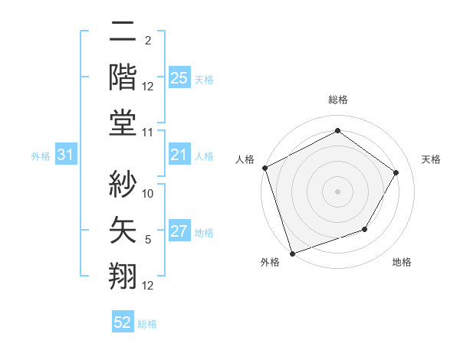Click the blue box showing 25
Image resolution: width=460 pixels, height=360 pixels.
click(179, 77)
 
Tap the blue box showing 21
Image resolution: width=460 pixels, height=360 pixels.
click(179, 155)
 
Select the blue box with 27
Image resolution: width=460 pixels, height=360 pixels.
click(179, 231)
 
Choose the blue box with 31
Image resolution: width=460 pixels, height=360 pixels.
click(66, 155)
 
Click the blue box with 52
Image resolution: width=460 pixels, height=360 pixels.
click(123, 323)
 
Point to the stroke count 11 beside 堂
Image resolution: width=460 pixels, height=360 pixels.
click(148, 133)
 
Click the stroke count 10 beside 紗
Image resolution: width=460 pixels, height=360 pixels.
click(148, 194)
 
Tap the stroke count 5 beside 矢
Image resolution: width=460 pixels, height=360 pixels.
click(148, 241)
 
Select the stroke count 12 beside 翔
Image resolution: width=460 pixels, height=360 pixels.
click(148, 286)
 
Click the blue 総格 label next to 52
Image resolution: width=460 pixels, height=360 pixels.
click(147, 324)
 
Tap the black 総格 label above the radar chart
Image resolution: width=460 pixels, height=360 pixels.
click(337, 100)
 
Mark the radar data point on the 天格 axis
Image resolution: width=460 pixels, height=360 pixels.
click(396, 172)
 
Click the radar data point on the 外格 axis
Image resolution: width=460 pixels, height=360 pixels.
click(293, 252)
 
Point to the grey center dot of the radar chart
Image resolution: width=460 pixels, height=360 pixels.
click(337, 191)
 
